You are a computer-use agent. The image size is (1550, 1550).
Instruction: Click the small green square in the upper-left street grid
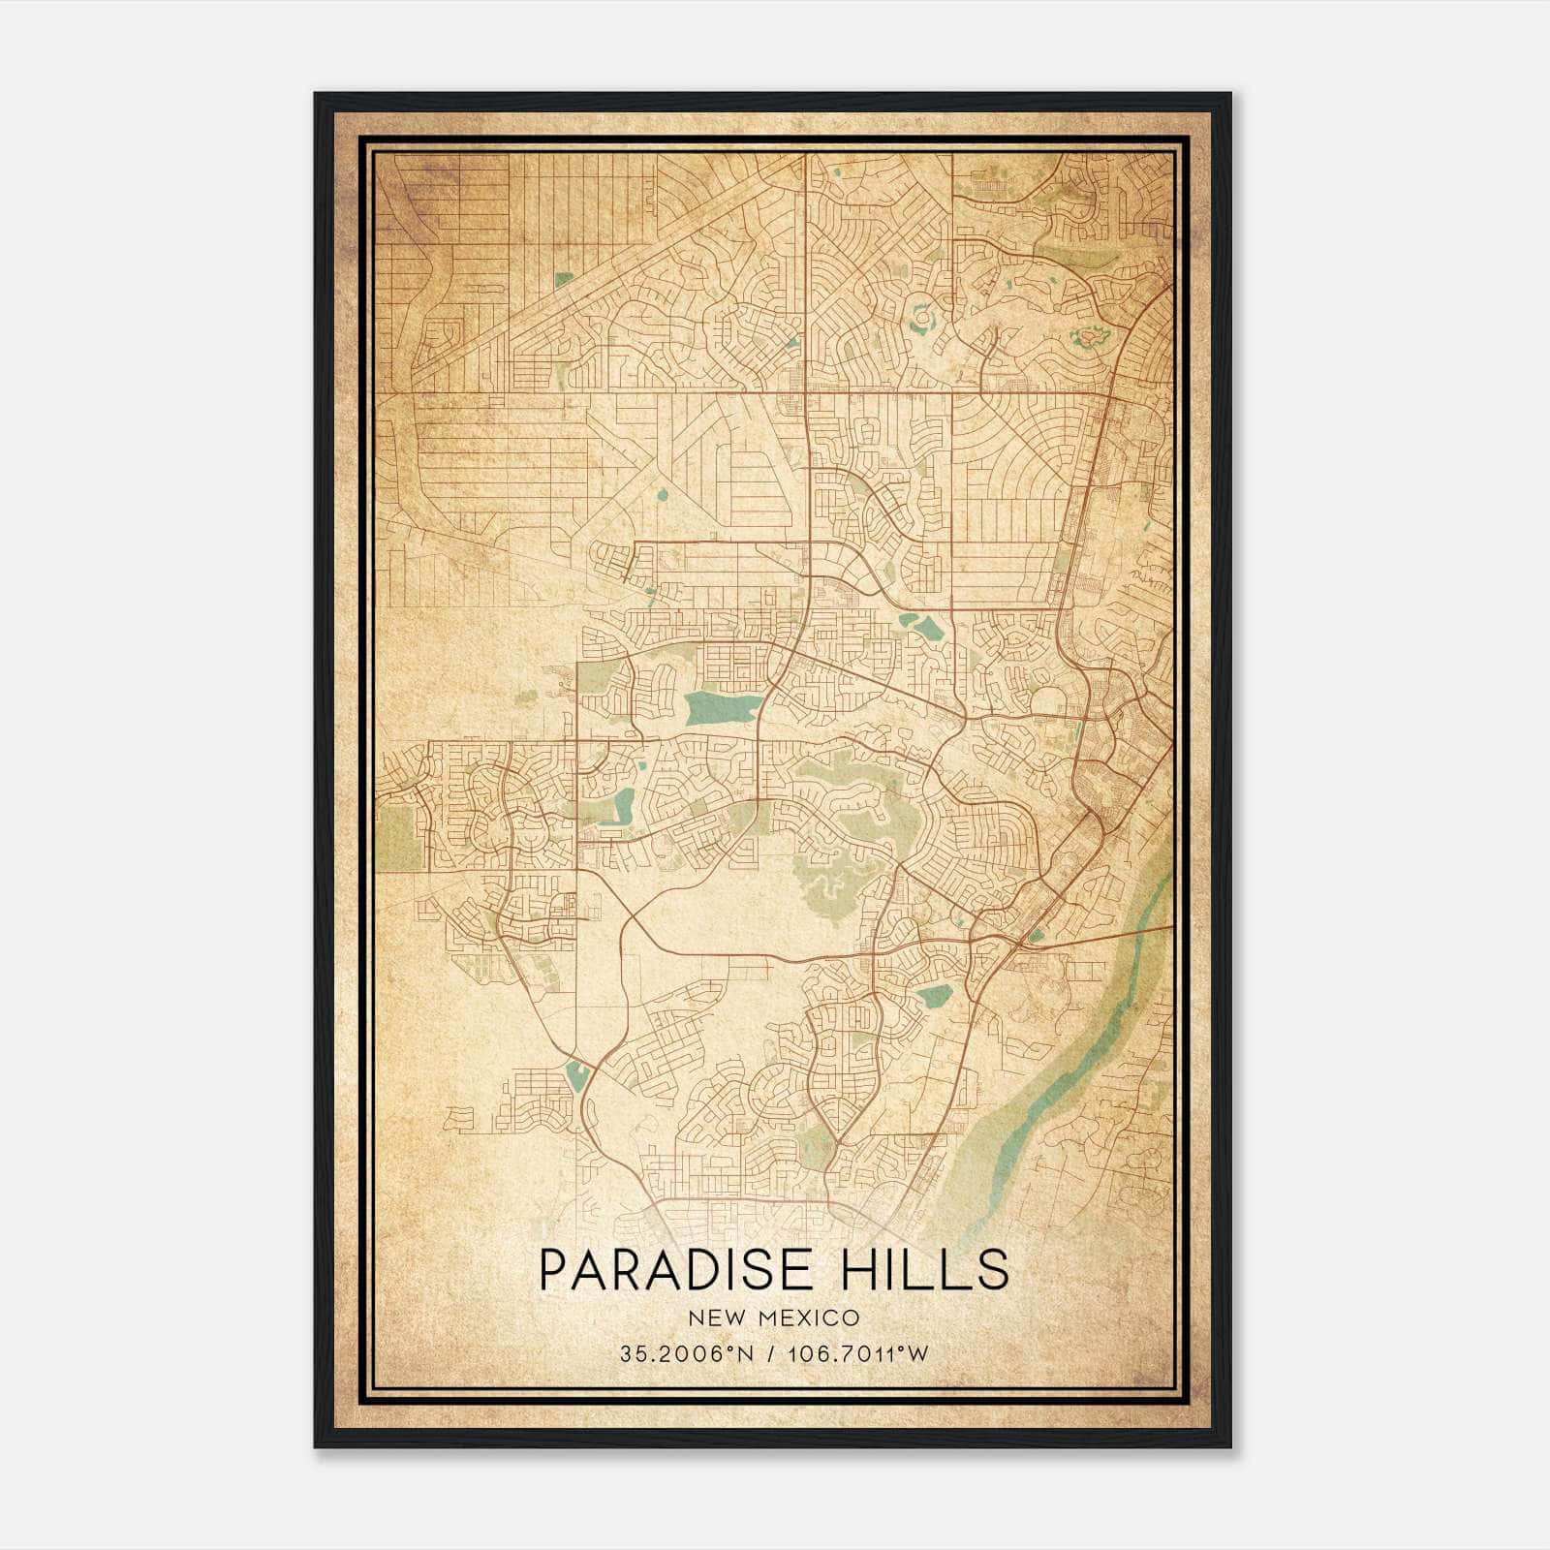tap(563, 279)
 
